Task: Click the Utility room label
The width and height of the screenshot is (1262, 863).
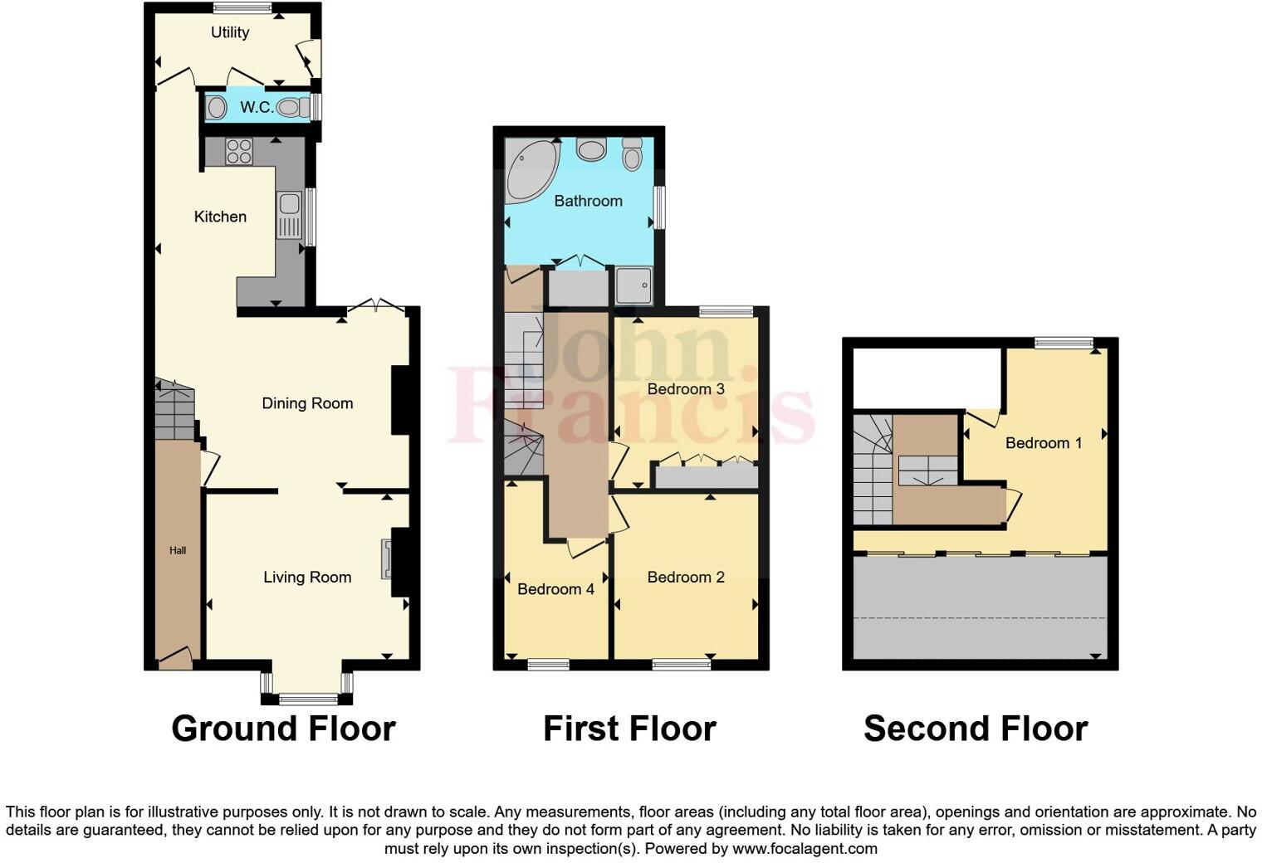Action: coord(230,32)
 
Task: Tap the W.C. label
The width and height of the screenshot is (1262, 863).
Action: coord(257,107)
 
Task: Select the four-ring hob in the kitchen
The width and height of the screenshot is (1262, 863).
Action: coord(239,151)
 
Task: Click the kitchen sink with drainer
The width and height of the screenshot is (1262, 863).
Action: coord(290,214)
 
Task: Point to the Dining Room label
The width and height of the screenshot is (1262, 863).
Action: coord(307,403)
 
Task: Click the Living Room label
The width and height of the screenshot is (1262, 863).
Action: coord(307,578)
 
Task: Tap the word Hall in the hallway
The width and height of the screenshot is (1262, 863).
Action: coord(178,550)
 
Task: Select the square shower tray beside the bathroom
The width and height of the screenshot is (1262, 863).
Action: coord(634,285)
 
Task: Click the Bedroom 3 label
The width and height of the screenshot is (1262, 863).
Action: coord(686,388)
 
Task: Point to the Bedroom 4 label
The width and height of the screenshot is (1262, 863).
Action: coord(555,589)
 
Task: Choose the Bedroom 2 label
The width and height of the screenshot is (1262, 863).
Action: coord(686,578)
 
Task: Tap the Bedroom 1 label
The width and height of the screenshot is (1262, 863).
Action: coord(1044,443)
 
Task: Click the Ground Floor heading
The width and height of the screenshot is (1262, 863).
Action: coord(283,729)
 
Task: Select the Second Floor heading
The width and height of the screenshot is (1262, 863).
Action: coord(976,729)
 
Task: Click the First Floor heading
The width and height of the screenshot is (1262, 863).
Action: coord(629,729)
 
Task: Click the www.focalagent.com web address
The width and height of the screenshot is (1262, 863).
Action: coord(805,849)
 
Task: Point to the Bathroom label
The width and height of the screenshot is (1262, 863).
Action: coord(588,201)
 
